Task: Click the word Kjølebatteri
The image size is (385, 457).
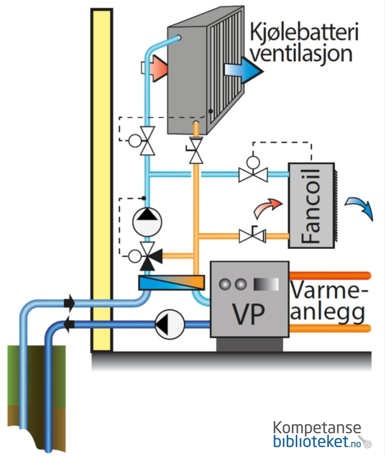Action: pos(304,32)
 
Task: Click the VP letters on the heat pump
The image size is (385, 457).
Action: pos(249,313)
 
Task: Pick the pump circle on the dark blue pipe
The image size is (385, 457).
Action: pos(170,325)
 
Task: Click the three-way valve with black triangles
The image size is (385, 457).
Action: pos(149,254)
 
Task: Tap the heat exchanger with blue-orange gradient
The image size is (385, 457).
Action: pos(172,283)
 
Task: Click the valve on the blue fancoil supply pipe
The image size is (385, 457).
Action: pos(253,174)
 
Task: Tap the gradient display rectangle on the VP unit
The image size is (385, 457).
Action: pos(266,284)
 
